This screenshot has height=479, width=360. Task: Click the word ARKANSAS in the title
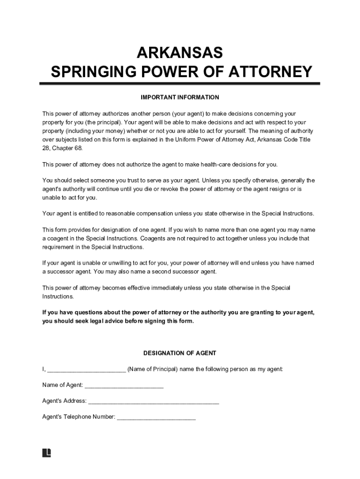click(x=180, y=52)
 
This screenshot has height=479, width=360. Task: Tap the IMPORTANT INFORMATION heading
click(x=180, y=97)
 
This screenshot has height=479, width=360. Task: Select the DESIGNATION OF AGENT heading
click(x=180, y=353)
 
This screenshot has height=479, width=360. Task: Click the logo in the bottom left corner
click(x=47, y=453)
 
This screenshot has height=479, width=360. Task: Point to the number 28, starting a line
click(x=46, y=148)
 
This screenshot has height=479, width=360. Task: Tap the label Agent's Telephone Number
click(x=79, y=416)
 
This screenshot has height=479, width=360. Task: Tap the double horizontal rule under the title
click(x=180, y=84)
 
